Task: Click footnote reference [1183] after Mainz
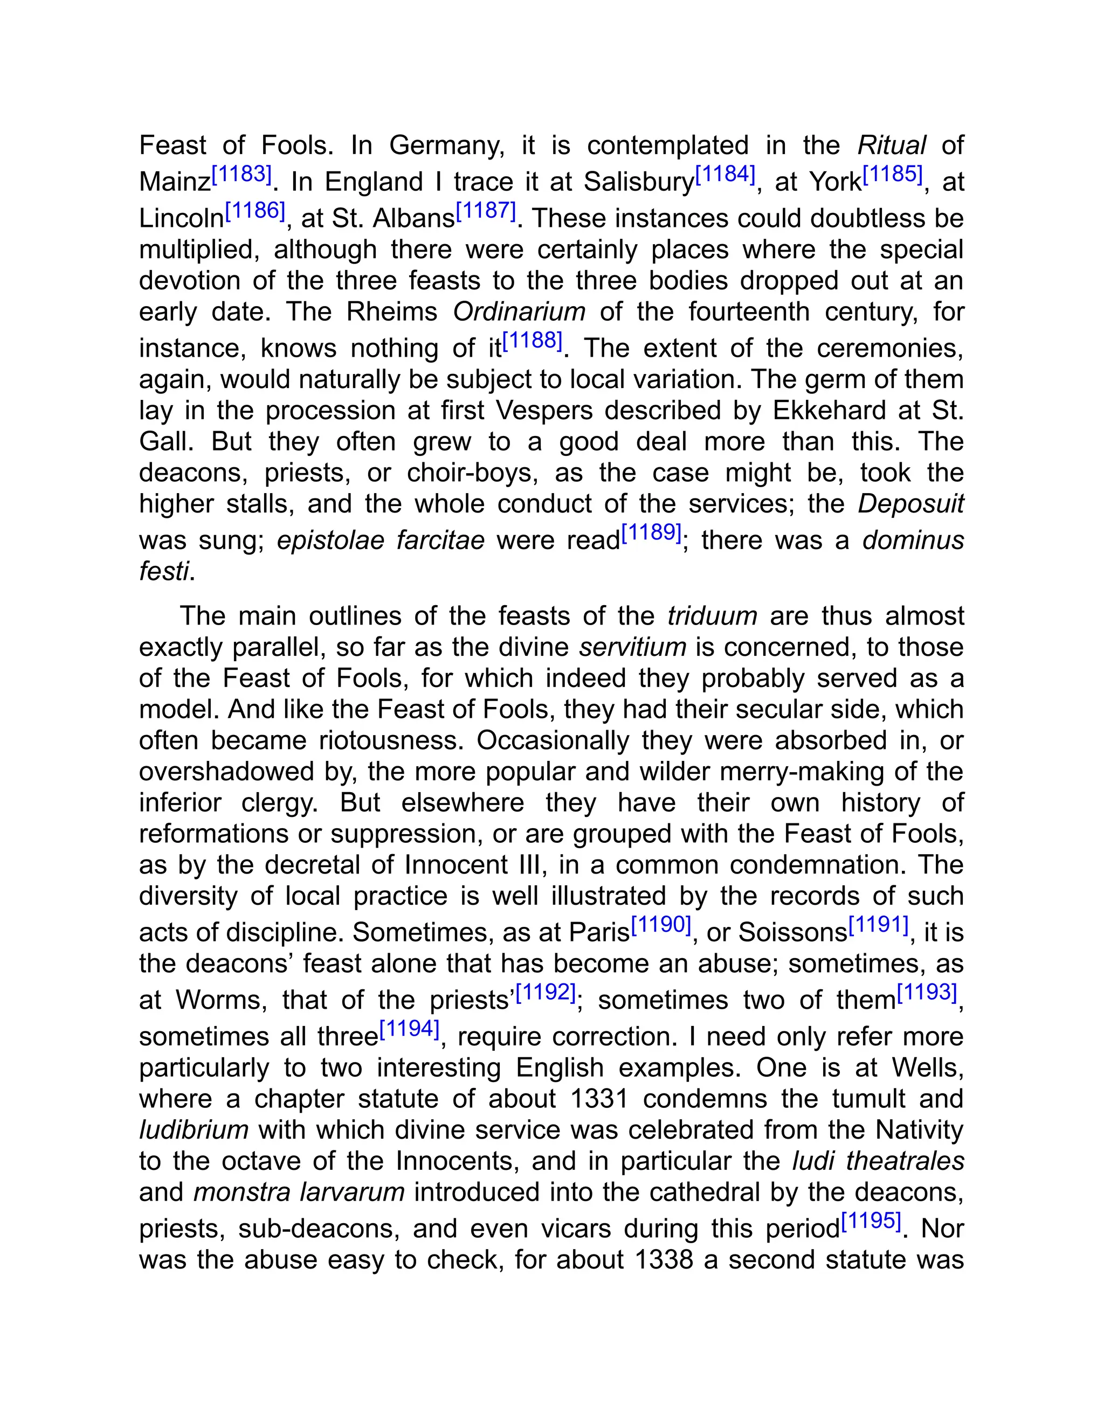[241, 175]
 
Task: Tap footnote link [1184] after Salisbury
[724, 175]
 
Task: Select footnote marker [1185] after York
[893, 175]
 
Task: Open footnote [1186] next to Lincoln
[255, 211]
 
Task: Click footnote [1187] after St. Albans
[486, 211]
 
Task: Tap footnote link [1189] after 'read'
[651, 533]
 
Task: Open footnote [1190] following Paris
[661, 925]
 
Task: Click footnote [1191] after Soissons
[878, 925]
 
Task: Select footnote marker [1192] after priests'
[546, 993]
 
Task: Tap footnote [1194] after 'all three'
[410, 1029]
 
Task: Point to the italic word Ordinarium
[519, 312]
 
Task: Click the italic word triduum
[712, 616]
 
